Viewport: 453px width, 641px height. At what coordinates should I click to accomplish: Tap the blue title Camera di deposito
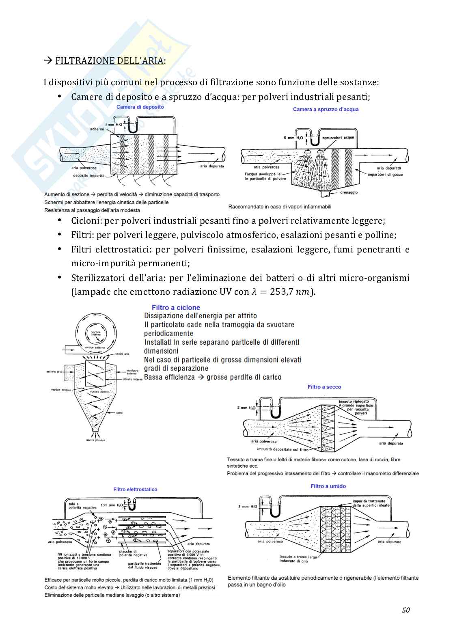(x=140, y=107)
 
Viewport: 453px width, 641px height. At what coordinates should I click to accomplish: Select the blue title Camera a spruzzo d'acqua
(x=326, y=109)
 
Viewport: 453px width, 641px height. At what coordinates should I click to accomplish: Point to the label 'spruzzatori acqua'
(x=338, y=138)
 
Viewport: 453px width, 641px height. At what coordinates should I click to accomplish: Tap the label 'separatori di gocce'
(x=385, y=175)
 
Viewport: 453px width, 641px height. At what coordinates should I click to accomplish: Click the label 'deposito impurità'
(x=88, y=176)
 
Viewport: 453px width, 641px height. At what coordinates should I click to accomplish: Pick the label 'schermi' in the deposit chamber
(x=97, y=129)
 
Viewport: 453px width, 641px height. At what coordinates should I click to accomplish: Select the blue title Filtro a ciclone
(x=176, y=308)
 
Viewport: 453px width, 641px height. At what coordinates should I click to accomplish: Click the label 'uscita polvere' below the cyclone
(x=95, y=440)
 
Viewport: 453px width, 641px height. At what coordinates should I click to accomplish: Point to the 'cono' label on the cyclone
(x=119, y=413)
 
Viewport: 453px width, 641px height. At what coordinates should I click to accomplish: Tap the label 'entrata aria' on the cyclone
(x=54, y=371)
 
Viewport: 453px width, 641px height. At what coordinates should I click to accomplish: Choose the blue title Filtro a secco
(x=324, y=387)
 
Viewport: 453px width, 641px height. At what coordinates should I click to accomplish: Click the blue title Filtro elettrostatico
(x=135, y=490)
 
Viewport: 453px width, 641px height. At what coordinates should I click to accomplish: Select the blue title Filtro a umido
(x=328, y=486)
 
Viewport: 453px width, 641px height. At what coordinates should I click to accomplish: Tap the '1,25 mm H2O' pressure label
(x=112, y=505)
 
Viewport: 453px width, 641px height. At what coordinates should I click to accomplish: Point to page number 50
(x=406, y=610)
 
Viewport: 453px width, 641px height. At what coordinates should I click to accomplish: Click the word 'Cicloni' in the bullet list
(x=86, y=221)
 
